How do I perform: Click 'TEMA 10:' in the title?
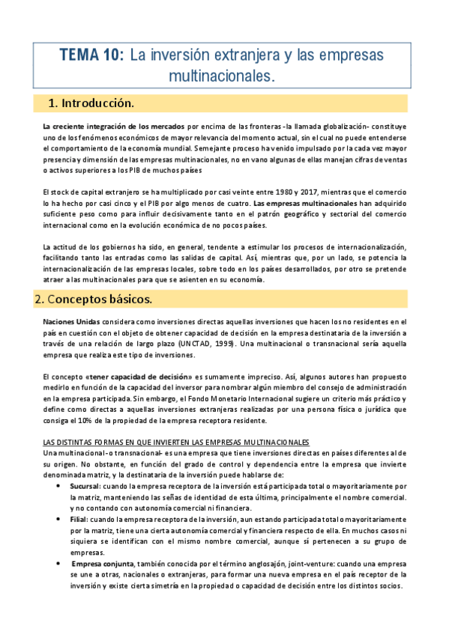(91, 55)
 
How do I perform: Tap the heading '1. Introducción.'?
(91, 103)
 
